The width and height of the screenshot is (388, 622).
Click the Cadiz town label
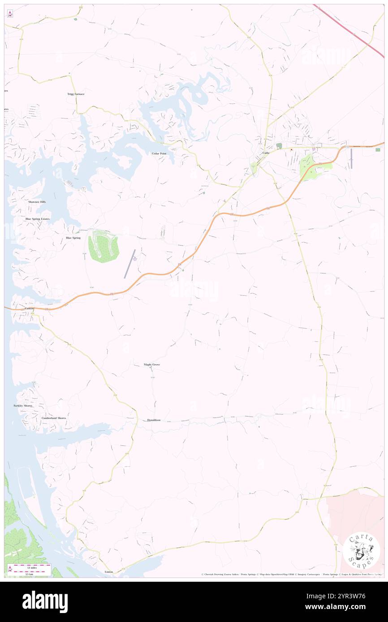266,153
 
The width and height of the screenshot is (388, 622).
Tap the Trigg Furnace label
76,94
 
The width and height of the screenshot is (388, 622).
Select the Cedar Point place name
159,153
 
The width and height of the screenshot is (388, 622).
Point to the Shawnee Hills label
37,202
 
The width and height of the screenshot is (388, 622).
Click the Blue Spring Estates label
38,219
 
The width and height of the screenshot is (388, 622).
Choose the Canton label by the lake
30,308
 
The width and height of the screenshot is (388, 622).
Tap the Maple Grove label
151,365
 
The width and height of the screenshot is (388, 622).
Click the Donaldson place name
154,420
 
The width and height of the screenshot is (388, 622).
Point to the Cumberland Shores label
54,418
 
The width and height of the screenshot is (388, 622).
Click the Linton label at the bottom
109,572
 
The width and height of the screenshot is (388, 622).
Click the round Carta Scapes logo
361,550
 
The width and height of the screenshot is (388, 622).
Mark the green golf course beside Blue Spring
103,246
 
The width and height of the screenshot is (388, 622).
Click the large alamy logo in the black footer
45,601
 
